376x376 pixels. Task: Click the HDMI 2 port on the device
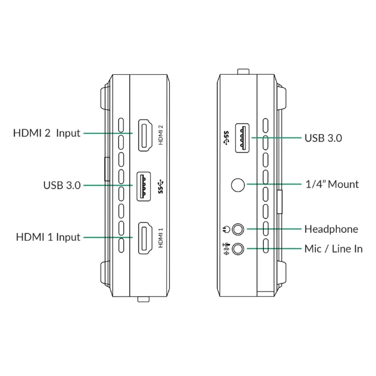tap(145, 135)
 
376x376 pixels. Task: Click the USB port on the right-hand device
tap(243, 138)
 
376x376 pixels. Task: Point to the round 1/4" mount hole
tap(238, 185)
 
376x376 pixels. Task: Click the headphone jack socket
tap(238, 229)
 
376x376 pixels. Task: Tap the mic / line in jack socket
tap(238, 248)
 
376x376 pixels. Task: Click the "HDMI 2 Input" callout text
tap(47, 133)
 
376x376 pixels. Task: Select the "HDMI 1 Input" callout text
tap(48, 237)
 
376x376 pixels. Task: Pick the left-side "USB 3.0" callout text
tap(62, 185)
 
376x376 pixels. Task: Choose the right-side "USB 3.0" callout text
tap(323, 138)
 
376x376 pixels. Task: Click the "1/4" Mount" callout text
tap(331, 184)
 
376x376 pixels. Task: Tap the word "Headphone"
tap(331, 229)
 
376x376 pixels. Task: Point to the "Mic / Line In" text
tap(333, 249)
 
